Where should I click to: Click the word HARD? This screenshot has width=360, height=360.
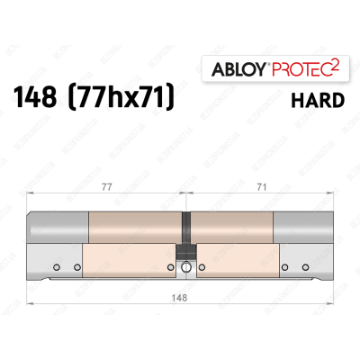pos(315,100)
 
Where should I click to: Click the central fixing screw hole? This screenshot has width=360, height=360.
pos(185,267)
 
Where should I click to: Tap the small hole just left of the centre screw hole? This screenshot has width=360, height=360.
pos(174,267)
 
